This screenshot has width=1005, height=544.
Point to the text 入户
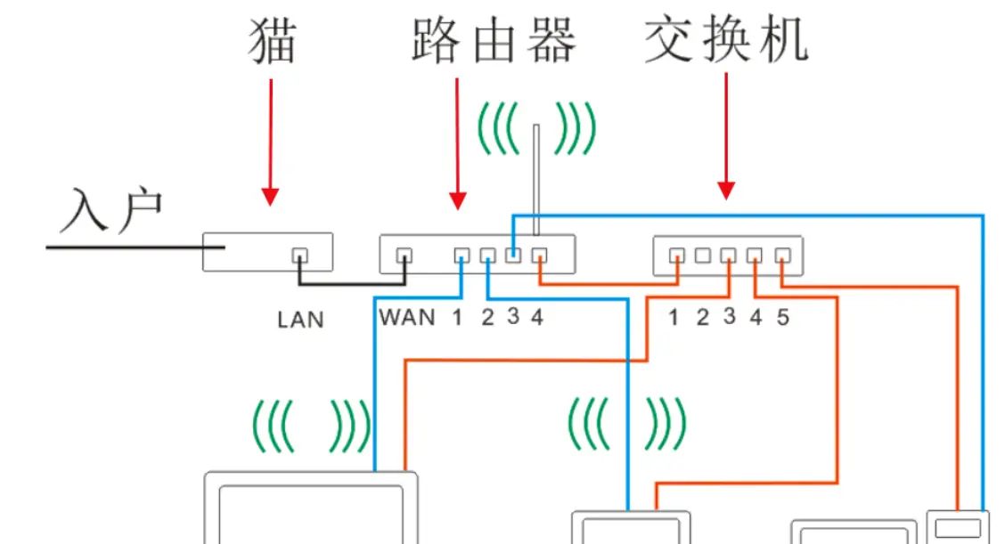point(112,210)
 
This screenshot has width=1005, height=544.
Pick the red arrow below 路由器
point(457,142)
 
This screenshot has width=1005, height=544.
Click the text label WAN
point(407,317)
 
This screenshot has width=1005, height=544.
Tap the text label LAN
point(300,319)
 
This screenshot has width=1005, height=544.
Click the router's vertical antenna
point(536,178)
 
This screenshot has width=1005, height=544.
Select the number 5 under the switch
point(782,318)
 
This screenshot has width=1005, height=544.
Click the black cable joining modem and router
point(353,284)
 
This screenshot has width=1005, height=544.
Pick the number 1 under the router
point(458,317)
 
